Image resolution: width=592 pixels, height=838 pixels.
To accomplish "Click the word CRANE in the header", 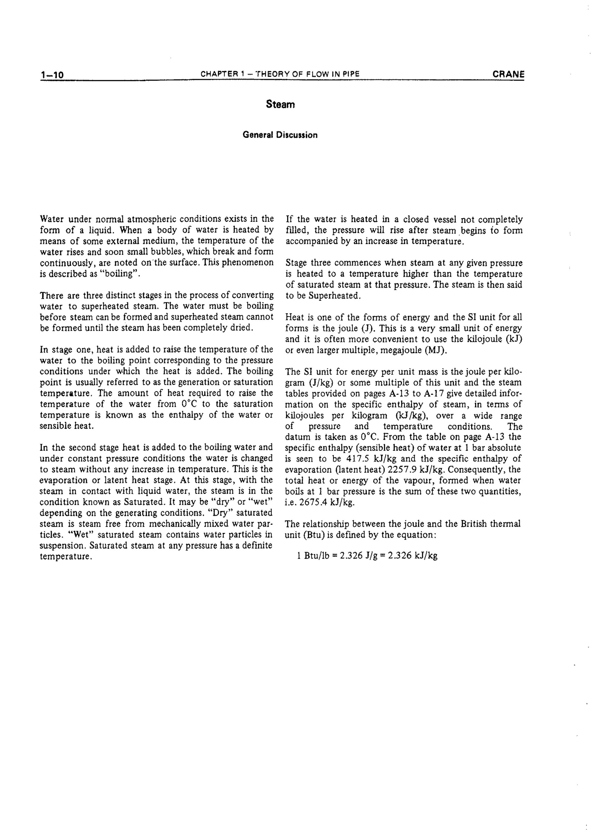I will [x=508, y=74].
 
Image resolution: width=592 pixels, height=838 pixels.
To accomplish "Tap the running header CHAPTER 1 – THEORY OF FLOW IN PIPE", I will [x=280, y=74].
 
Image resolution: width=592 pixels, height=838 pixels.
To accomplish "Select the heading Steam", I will [x=280, y=104].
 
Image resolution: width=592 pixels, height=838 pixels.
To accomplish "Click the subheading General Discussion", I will [x=280, y=135].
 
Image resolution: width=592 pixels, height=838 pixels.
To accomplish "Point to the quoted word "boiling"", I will [x=120, y=274].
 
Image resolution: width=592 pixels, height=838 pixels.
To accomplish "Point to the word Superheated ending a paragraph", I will [x=335, y=296].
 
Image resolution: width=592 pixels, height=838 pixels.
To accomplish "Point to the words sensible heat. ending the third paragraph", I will [x=67, y=426].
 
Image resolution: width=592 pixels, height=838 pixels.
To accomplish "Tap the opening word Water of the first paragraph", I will [x=52, y=219].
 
